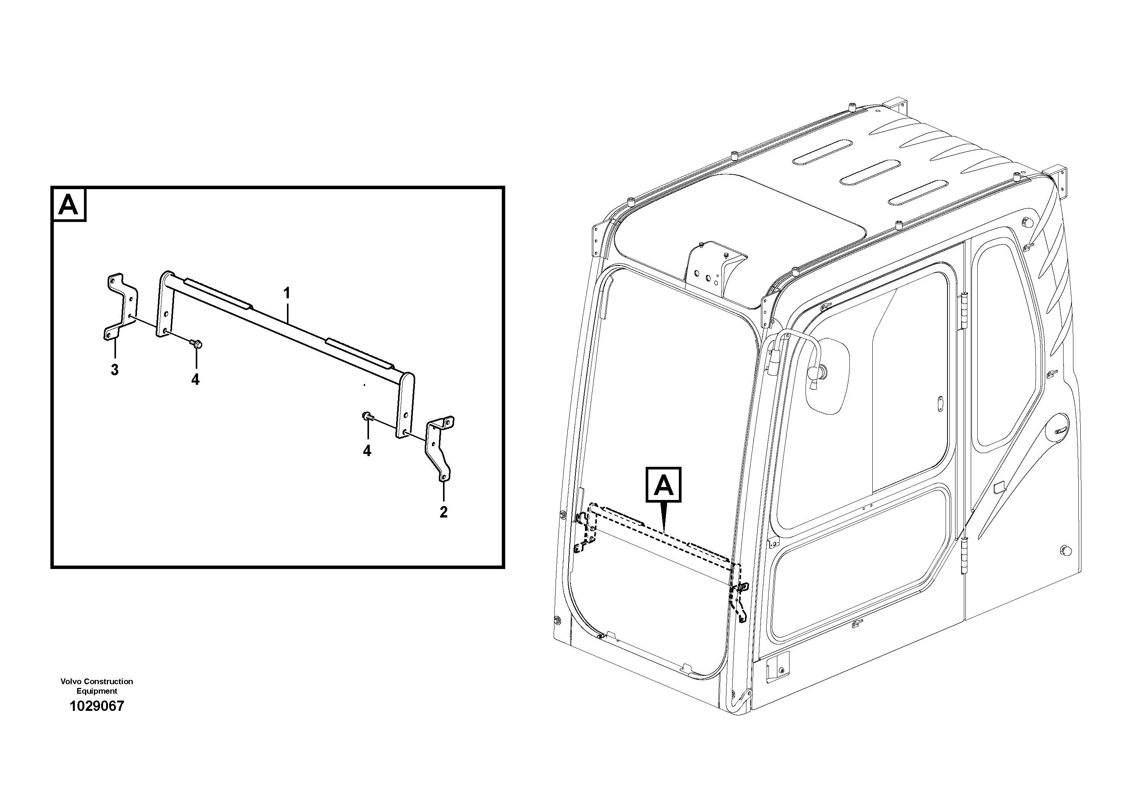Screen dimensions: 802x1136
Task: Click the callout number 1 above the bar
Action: coord(287,293)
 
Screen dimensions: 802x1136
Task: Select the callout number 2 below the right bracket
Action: coord(443,512)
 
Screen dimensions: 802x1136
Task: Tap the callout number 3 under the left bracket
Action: coord(114,370)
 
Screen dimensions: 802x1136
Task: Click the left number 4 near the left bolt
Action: coord(195,379)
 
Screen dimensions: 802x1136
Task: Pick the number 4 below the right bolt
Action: coord(367,450)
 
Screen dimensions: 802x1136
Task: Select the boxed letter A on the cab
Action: coord(664,485)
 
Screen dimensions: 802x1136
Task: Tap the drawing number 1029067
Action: coord(97,706)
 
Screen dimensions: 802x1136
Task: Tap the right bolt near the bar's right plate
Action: coord(367,416)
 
